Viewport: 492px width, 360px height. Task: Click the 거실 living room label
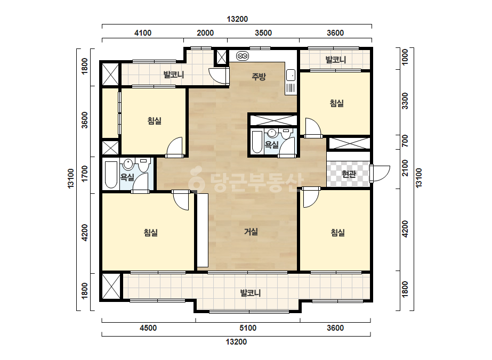[251, 232]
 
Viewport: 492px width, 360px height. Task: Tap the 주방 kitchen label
[259, 77]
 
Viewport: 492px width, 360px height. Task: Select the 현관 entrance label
[348, 174]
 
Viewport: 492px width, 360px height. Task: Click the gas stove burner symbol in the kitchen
[242, 56]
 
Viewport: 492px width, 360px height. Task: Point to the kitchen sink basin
[291, 76]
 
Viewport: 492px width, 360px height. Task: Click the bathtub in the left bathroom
[111, 174]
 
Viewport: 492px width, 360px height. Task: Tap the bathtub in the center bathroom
[257, 142]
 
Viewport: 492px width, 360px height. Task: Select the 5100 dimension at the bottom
[248, 328]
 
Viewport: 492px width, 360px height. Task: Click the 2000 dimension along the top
[205, 33]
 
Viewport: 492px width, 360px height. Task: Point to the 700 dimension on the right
[405, 141]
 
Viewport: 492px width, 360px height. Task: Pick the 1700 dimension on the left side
[84, 174]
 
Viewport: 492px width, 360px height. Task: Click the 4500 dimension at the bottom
[148, 328]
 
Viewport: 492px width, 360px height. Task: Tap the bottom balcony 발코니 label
[251, 293]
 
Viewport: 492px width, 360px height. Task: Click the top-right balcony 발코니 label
[335, 60]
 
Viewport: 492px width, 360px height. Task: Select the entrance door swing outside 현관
[381, 174]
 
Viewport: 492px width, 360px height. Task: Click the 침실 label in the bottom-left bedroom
[151, 233]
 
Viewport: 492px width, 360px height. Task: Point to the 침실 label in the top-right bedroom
[337, 103]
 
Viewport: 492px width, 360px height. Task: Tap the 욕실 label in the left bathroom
[127, 177]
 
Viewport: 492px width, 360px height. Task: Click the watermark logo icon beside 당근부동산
[196, 179]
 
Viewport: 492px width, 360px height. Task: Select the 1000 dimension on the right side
[405, 57]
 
